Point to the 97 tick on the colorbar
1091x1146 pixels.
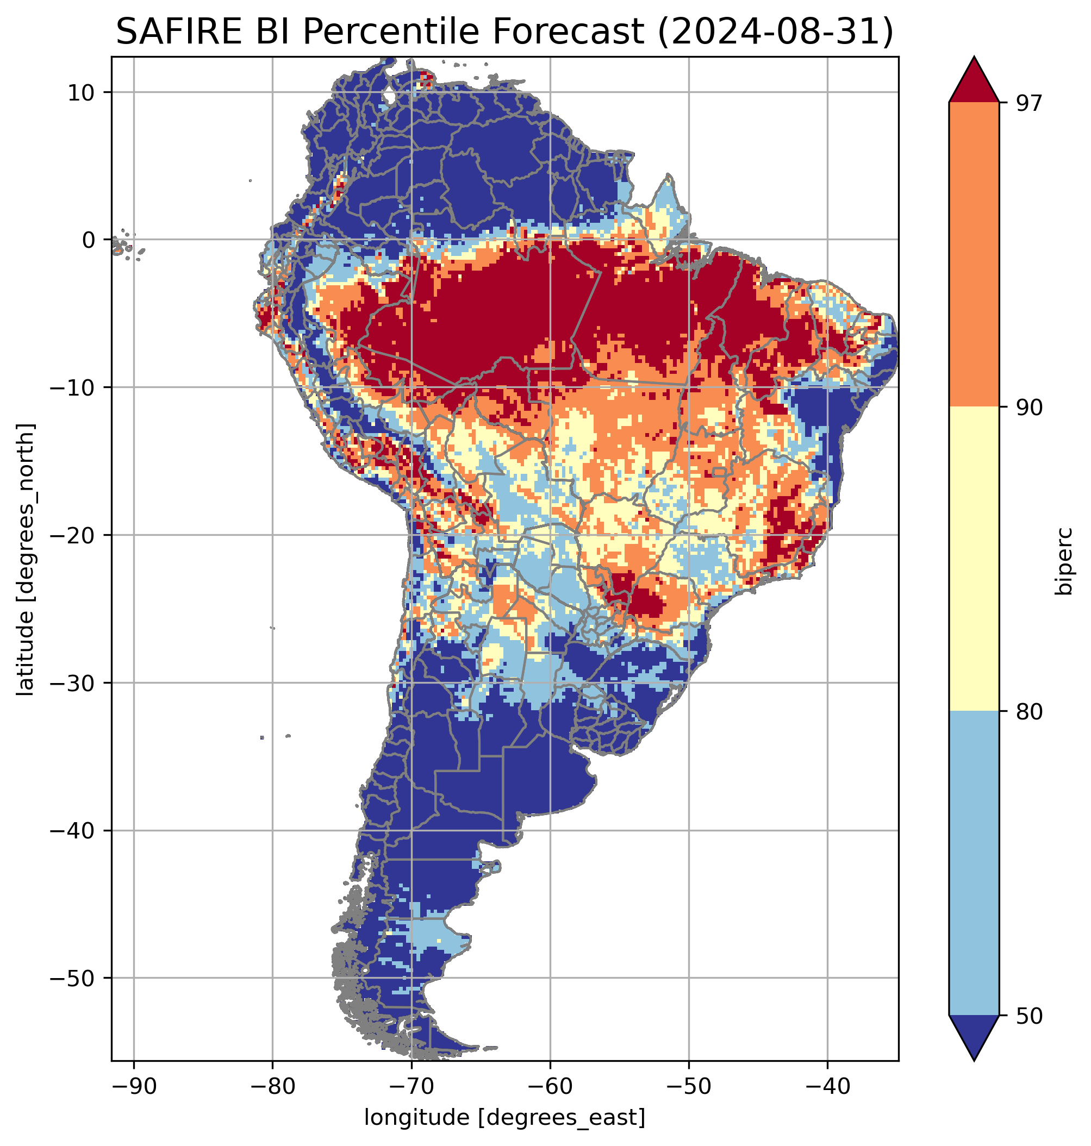click(1028, 103)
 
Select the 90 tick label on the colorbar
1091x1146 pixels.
click(1028, 408)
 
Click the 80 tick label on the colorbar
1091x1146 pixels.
click(1028, 712)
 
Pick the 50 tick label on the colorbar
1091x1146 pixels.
click(1028, 1016)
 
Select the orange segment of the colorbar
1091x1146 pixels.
click(974, 255)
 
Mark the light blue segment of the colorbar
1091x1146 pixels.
click(974, 863)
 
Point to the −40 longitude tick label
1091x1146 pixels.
click(827, 1086)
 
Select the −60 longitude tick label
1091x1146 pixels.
click(550, 1086)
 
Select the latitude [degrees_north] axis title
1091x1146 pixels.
click(26, 559)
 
